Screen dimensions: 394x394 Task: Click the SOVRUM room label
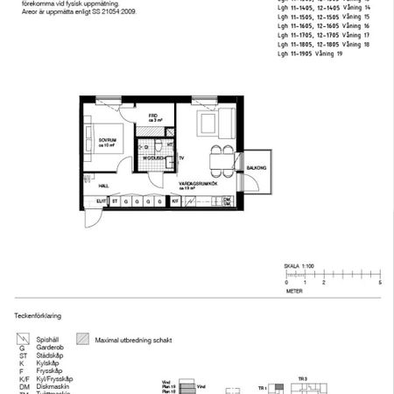coord(109,140)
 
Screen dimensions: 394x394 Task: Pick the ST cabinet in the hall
coord(115,201)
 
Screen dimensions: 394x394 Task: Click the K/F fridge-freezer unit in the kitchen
coord(176,201)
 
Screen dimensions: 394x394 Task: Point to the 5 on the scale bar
coord(380,284)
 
